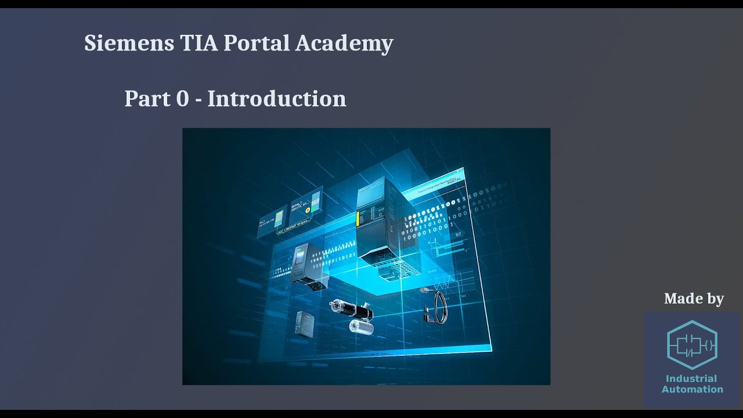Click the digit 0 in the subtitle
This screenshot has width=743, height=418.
point(182,99)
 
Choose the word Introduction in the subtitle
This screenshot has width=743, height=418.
point(276,99)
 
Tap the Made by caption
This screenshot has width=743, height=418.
point(694,298)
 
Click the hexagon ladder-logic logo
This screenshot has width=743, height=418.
point(692,345)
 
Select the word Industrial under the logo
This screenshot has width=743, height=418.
point(691,379)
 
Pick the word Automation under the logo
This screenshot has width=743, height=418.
point(692,389)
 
